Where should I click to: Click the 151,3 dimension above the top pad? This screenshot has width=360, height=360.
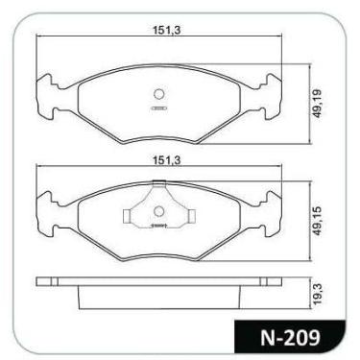[166, 30]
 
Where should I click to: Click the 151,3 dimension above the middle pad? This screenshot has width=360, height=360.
[166, 160]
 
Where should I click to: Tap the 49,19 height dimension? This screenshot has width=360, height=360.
[317, 103]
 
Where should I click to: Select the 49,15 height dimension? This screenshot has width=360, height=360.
[317, 221]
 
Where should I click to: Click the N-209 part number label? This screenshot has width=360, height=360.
[290, 338]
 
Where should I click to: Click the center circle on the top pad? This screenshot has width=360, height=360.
[158, 94]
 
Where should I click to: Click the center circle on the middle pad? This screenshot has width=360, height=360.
[158, 211]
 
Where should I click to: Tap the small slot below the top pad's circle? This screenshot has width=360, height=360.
[158, 108]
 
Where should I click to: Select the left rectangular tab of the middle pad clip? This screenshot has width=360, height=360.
[127, 216]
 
